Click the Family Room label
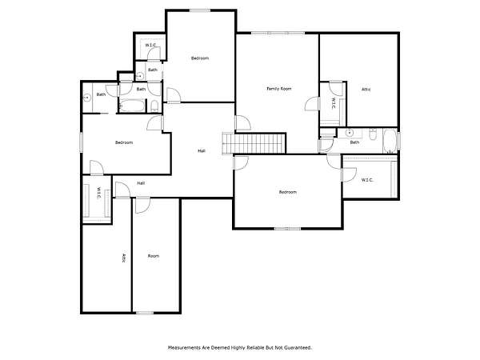click(x=279, y=89)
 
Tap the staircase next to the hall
click(x=254, y=143)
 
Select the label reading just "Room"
click(x=154, y=256)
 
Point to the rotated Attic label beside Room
click(x=124, y=258)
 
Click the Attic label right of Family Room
click(x=366, y=90)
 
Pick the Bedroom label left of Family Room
click(x=200, y=58)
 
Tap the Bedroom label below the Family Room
click(x=288, y=192)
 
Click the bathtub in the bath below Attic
click(x=390, y=141)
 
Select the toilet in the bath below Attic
click(x=373, y=134)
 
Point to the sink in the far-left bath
click(x=87, y=98)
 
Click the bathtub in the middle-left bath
click(x=132, y=106)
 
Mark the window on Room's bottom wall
click(x=145, y=313)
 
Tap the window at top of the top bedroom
click(x=200, y=10)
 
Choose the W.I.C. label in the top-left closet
click(x=150, y=46)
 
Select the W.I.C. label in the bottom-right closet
click(x=367, y=180)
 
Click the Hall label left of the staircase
click(x=202, y=150)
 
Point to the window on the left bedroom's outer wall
click(x=81, y=142)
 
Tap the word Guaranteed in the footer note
click(x=298, y=348)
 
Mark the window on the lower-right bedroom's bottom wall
click(x=287, y=228)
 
